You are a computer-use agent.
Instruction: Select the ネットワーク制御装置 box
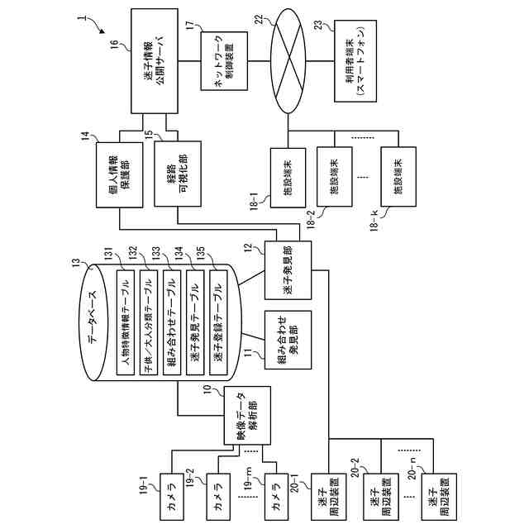point(222,61)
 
